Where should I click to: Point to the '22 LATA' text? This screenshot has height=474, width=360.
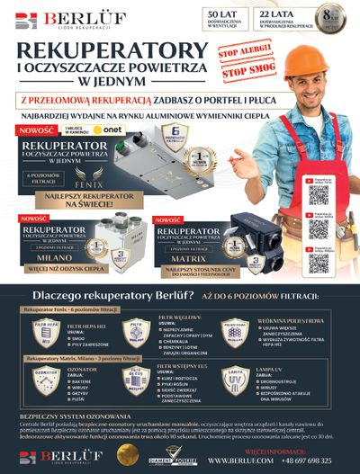[274, 14]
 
